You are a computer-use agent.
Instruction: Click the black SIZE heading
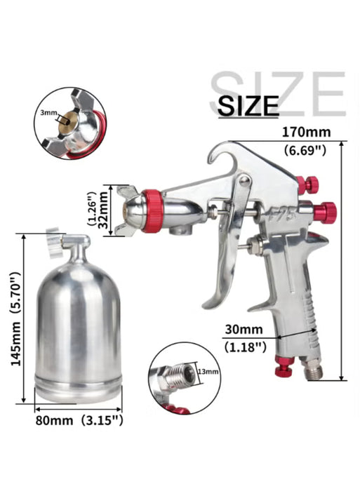pyautogui.click(x=248, y=105)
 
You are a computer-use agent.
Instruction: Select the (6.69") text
pyautogui.click(x=302, y=150)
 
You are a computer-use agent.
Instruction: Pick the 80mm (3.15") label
pyautogui.click(x=79, y=421)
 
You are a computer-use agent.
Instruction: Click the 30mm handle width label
pyautogui.click(x=244, y=328)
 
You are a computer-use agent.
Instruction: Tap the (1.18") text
pyautogui.click(x=244, y=346)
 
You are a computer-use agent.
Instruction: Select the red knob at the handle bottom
pyautogui.click(x=284, y=367)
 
